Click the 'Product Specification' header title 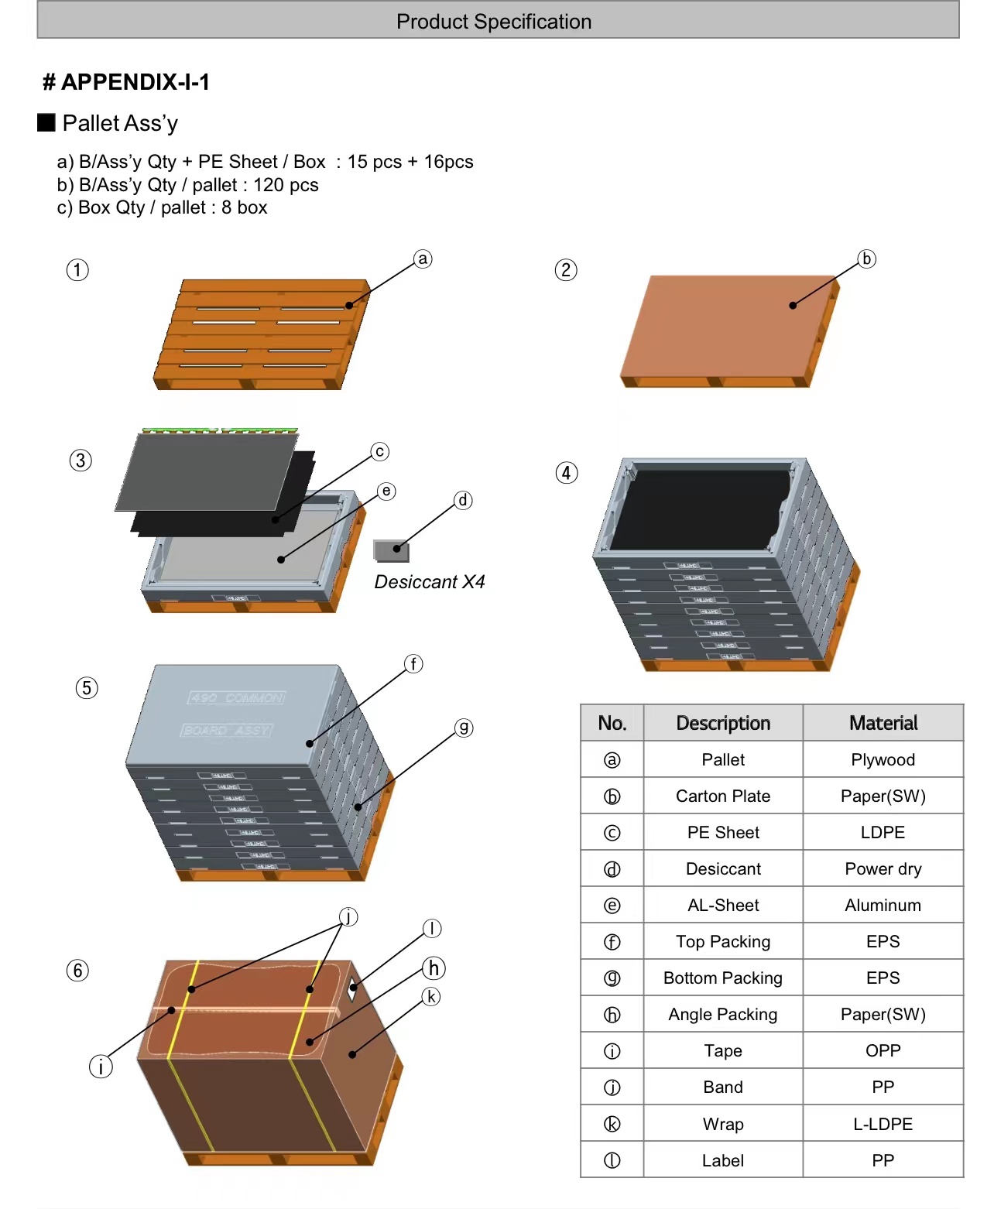pyautogui.click(x=494, y=22)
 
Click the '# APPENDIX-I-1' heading pyautogui.click(x=126, y=82)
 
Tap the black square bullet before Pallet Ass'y pyautogui.click(x=46, y=122)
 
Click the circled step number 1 pyautogui.click(x=77, y=270)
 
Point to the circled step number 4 pyautogui.click(x=567, y=473)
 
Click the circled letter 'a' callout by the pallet pyautogui.click(x=423, y=259)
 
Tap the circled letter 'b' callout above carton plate pyautogui.click(x=866, y=259)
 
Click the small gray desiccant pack pyautogui.click(x=391, y=550)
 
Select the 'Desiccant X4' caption pyautogui.click(x=430, y=582)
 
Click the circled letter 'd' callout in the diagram pyautogui.click(x=463, y=500)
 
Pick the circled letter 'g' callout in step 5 pyautogui.click(x=463, y=728)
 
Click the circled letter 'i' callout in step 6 pyautogui.click(x=101, y=1067)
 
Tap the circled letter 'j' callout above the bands pyautogui.click(x=349, y=917)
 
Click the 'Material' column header pyautogui.click(x=883, y=723)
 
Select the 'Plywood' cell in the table pyautogui.click(x=883, y=760)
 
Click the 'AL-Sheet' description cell pyautogui.click(x=723, y=906)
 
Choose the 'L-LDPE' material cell pyautogui.click(x=883, y=1124)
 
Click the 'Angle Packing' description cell pyautogui.click(x=723, y=1015)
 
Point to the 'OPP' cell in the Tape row pyautogui.click(x=883, y=1051)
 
